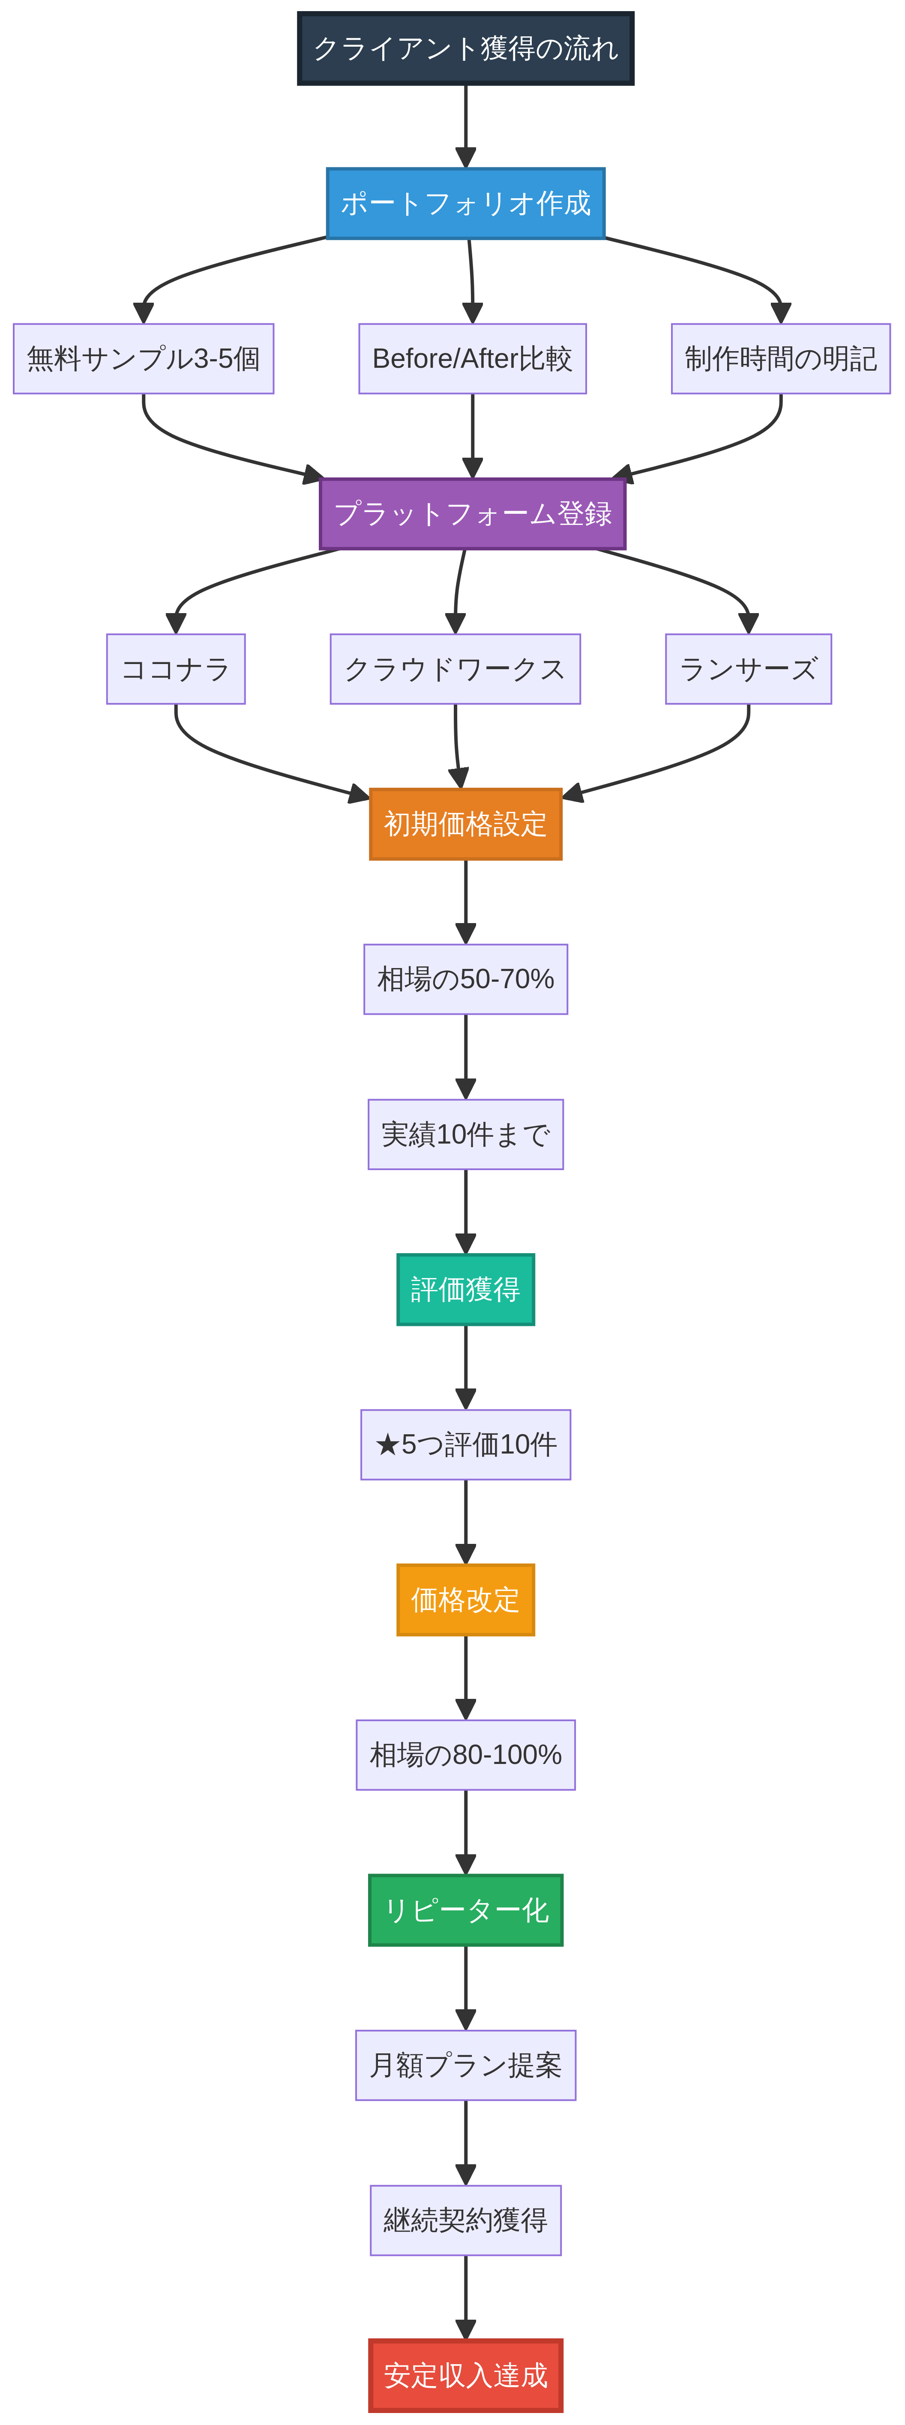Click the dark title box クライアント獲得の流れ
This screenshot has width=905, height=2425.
click(x=465, y=48)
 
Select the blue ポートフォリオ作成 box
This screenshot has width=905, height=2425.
click(x=465, y=203)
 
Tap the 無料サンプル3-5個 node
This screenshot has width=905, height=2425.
click(x=143, y=359)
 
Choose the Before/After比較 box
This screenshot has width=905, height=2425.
click(x=472, y=359)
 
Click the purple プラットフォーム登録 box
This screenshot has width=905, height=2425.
click(x=472, y=514)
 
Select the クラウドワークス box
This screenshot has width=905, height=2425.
click(x=455, y=669)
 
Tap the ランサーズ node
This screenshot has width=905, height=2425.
click(x=748, y=669)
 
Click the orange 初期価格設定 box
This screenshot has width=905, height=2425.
click(x=465, y=824)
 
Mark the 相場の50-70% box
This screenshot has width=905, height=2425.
click(x=465, y=979)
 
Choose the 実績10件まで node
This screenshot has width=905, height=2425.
click(x=465, y=1135)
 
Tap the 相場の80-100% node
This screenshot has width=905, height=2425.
click(x=465, y=1755)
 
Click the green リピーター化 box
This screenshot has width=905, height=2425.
click(x=465, y=1910)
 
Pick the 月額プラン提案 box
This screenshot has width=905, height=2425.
click(x=465, y=2065)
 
